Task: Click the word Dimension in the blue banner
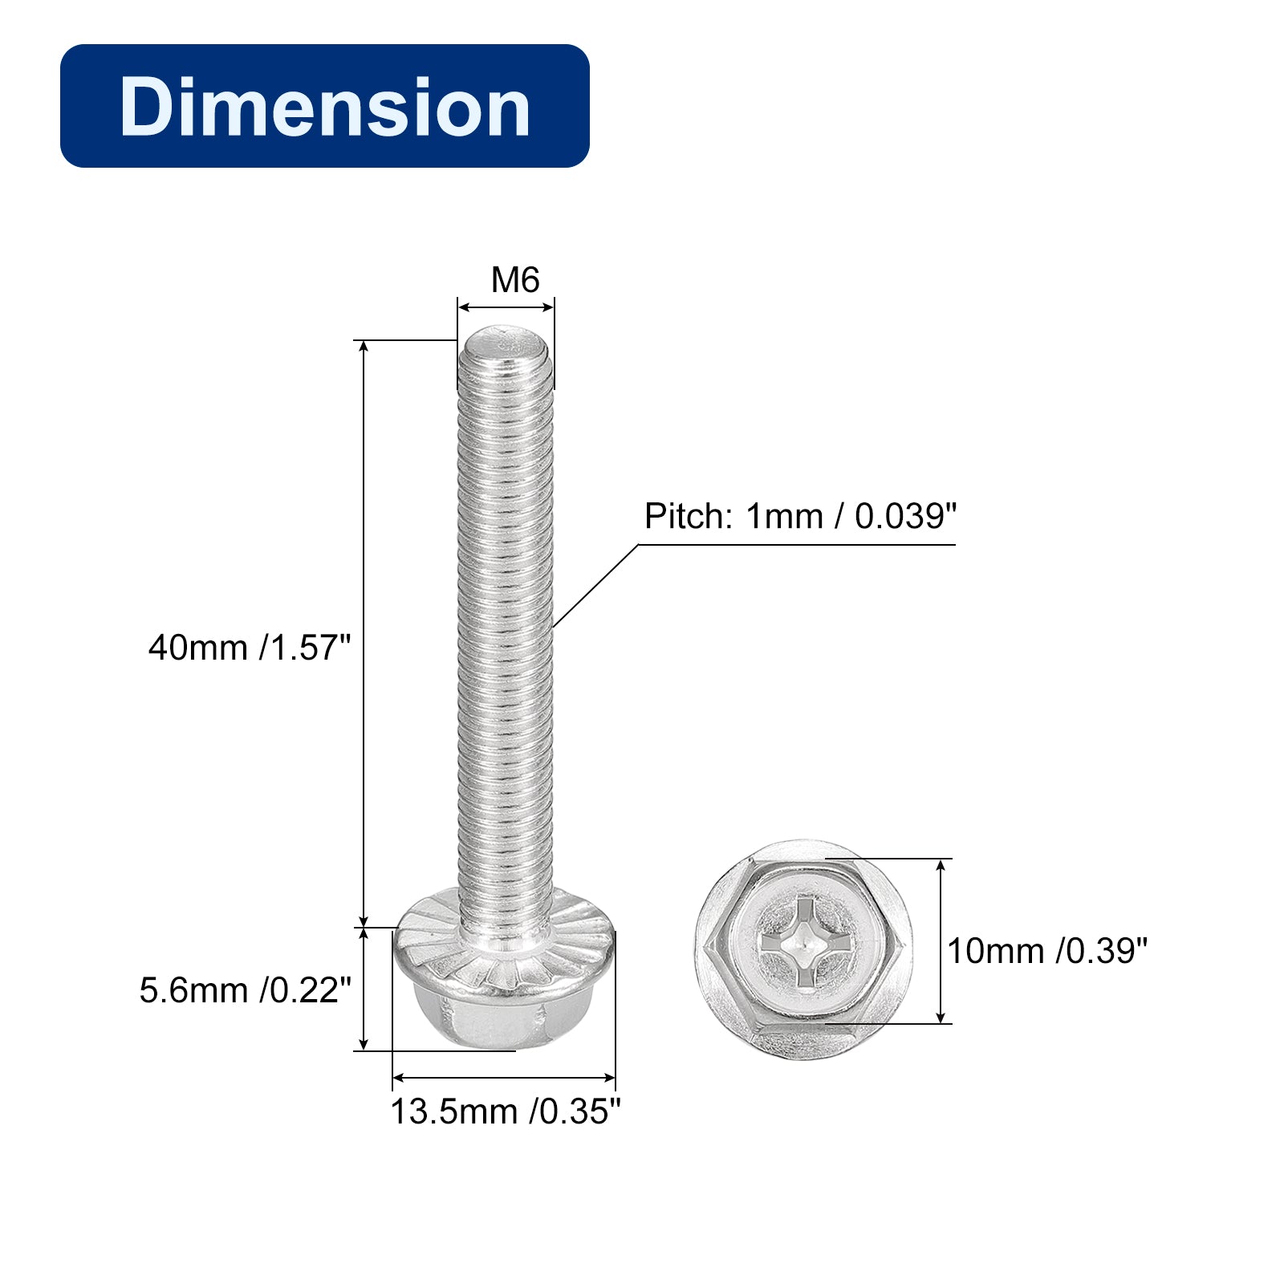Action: point(324,107)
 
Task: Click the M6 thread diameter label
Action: point(514,280)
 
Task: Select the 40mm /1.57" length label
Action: point(250,648)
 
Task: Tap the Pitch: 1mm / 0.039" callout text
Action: point(800,517)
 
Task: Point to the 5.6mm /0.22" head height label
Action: point(245,990)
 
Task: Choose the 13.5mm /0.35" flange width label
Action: point(506,1111)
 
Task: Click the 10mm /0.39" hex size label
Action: point(1046,951)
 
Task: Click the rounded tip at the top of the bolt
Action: point(505,340)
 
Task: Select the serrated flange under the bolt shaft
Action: point(505,947)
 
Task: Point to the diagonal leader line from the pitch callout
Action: point(595,587)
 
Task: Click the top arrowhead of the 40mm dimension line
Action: point(364,346)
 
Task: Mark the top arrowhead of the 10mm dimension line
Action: point(941,864)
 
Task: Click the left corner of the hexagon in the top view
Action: point(704,949)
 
